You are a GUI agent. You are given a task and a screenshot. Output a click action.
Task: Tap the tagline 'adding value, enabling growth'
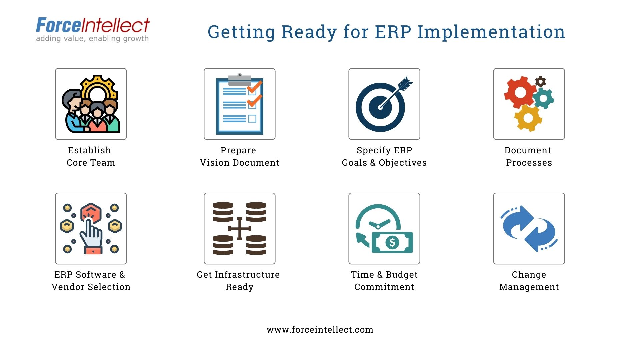[92, 39]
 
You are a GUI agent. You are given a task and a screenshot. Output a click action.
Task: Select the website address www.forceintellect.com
[320, 330]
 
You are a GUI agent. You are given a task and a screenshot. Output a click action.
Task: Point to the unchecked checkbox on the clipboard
[252, 119]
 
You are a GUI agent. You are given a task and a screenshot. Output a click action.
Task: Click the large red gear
[520, 92]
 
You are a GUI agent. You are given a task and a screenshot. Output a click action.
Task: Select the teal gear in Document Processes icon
[543, 98]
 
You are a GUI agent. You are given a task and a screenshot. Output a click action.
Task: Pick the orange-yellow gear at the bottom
[528, 117]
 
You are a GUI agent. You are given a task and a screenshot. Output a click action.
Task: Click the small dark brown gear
[540, 81]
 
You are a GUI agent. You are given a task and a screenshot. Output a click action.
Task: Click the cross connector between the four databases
[239, 229]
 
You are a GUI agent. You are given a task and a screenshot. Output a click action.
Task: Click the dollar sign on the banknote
[392, 242]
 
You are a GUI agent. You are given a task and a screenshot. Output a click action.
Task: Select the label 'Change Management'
[529, 281]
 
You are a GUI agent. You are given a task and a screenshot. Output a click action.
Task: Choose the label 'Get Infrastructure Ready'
[239, 281]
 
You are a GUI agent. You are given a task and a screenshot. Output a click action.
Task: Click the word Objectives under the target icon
[402, 163]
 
